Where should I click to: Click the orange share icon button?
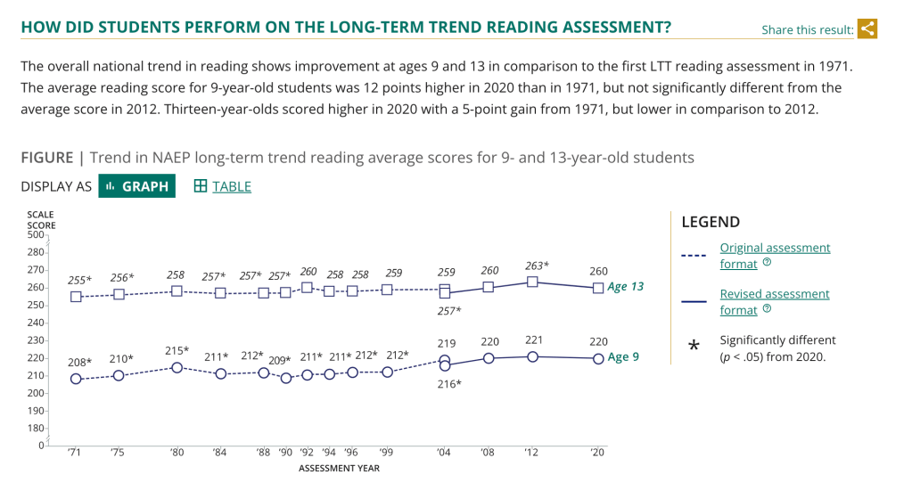click(x=867, y=29)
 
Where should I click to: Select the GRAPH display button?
click(x=136, y=186)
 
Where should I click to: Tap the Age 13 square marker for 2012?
click(x=532, y=282)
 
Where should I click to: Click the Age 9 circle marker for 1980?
click(x=177, y=367)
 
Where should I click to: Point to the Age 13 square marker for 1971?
click(x=77, y=297)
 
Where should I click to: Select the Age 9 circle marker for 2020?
click(x=598, y=358)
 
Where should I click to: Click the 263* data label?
click(x=536, y=266)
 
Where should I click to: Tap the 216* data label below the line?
click(x=448, y=384)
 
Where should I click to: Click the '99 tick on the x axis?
click(x=387, y=453)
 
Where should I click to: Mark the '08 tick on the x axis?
click(x=489, y=453)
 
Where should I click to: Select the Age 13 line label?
click(x=625, y=287)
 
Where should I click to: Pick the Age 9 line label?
click(x=624, y=357)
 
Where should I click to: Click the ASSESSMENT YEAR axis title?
click(x=339, y=469)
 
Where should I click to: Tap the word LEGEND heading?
click(x=710, y=222)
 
